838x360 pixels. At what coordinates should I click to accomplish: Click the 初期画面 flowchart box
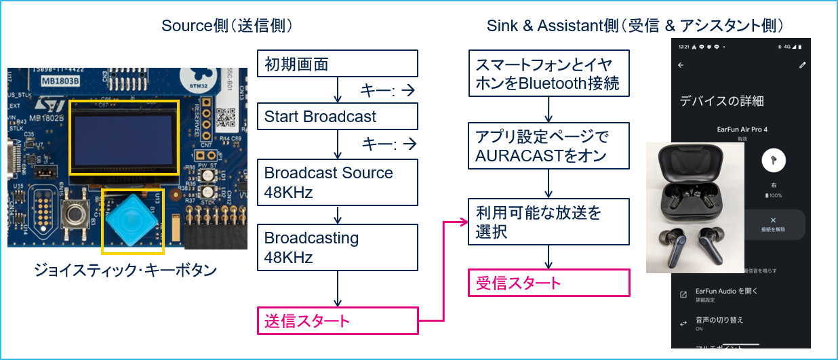[x=337, y=64]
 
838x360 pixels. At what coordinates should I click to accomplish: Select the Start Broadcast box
[x=337, y=117]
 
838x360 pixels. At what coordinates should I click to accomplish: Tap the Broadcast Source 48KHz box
[x=337, y=182]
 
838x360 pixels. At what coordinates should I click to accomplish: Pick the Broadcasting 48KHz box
[x=337, y=248]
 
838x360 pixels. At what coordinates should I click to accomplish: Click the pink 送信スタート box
[x=337, y=321]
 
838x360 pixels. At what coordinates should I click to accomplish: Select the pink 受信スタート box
[x=548, y=283]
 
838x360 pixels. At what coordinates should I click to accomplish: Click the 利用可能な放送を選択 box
[x=548, y=222]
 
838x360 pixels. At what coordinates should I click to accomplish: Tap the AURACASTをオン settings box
[x=548, y=146]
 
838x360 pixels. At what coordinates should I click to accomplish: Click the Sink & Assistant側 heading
[x=635, y=26]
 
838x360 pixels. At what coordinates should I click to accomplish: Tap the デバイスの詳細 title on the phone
[x=721, y=101]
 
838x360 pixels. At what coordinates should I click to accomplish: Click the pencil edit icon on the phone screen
[x=803, y=65]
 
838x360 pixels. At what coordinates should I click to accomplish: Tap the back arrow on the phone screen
[x=681, y=65]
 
